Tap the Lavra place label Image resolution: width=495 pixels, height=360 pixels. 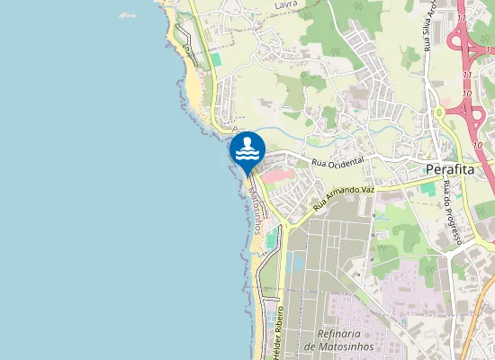click(286, 4)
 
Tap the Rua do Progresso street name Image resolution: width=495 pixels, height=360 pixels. click(452, 212)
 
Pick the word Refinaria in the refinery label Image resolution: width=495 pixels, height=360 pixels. click(332, 332)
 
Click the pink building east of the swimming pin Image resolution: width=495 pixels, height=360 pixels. click(282, 172)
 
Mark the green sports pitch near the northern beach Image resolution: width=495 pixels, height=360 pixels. click(216, 58)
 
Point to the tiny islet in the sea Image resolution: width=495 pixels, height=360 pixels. click(128, 15)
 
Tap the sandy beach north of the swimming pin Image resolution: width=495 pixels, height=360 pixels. click(194, 85)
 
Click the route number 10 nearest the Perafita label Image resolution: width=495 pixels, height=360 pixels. click(477, 145)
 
